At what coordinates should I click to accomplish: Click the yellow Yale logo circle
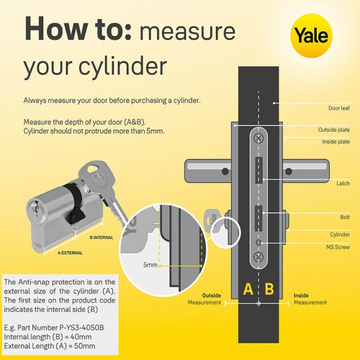point(311,35)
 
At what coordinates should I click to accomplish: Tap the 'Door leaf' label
point(339,108)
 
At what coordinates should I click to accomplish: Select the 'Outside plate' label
point(334,130)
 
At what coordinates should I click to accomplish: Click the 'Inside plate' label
point(336,142)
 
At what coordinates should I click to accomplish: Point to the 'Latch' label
point(343,184)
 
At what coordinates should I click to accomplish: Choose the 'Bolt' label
point(345,217)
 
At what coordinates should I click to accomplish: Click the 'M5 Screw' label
point(338,247)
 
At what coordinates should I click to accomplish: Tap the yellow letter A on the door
point(248,289)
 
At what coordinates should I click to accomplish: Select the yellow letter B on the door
point(269,289)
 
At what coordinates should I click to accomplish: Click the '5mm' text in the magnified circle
point(150,265)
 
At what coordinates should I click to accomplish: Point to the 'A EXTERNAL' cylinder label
point(70,253)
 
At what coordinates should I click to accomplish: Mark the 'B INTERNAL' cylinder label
point(102,238)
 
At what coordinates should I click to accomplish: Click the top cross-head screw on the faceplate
point(258,138)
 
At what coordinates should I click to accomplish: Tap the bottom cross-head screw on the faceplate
point(258,257)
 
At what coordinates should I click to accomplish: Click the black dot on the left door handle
point(225,171)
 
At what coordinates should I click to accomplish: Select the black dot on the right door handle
point(289,171)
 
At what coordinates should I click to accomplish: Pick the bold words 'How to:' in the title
point(78,30)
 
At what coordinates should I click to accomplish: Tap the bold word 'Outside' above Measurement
point(212,295)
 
